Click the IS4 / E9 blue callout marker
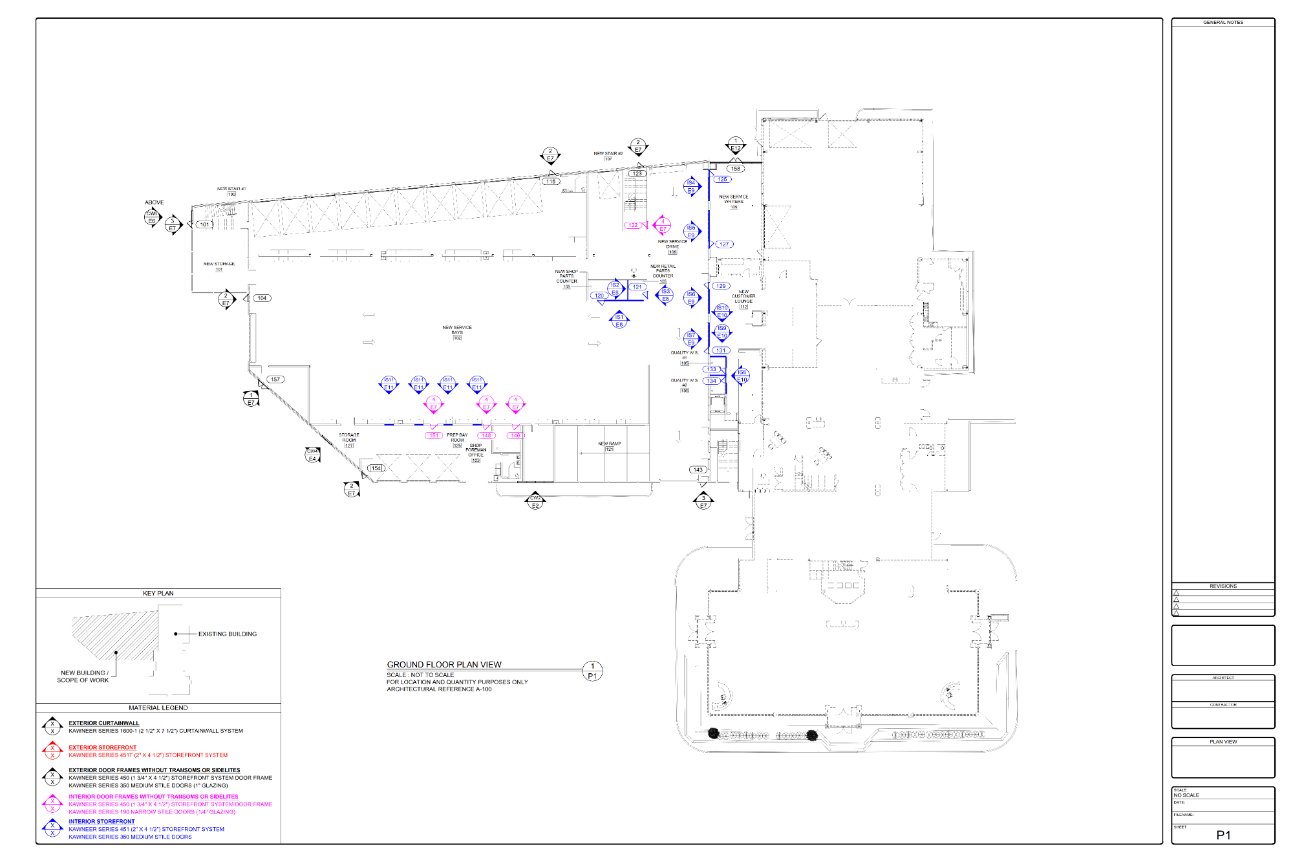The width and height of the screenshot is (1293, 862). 691,186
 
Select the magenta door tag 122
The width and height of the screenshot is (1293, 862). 633,225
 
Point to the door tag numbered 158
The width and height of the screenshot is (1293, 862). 735,169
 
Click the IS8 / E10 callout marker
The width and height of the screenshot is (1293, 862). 742,376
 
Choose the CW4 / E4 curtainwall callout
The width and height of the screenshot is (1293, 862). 312,455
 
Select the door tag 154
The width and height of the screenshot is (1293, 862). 376,468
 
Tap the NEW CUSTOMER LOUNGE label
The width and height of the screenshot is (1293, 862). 743,297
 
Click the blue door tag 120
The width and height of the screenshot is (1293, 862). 599,296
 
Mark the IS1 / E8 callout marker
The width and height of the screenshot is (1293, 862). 619,321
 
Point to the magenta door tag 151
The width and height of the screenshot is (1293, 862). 434,435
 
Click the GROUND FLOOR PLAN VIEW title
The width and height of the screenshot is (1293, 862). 444,664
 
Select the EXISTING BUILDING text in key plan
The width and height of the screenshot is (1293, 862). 227,634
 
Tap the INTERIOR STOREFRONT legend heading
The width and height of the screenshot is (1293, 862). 102,821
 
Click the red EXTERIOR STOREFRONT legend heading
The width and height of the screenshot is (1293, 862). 102,747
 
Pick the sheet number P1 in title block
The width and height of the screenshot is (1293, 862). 1223,835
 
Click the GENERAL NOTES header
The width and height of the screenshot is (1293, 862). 1223,23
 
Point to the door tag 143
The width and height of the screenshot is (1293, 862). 698,469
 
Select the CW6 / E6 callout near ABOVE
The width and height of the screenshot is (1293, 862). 152,217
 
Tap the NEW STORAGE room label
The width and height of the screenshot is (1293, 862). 219,265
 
